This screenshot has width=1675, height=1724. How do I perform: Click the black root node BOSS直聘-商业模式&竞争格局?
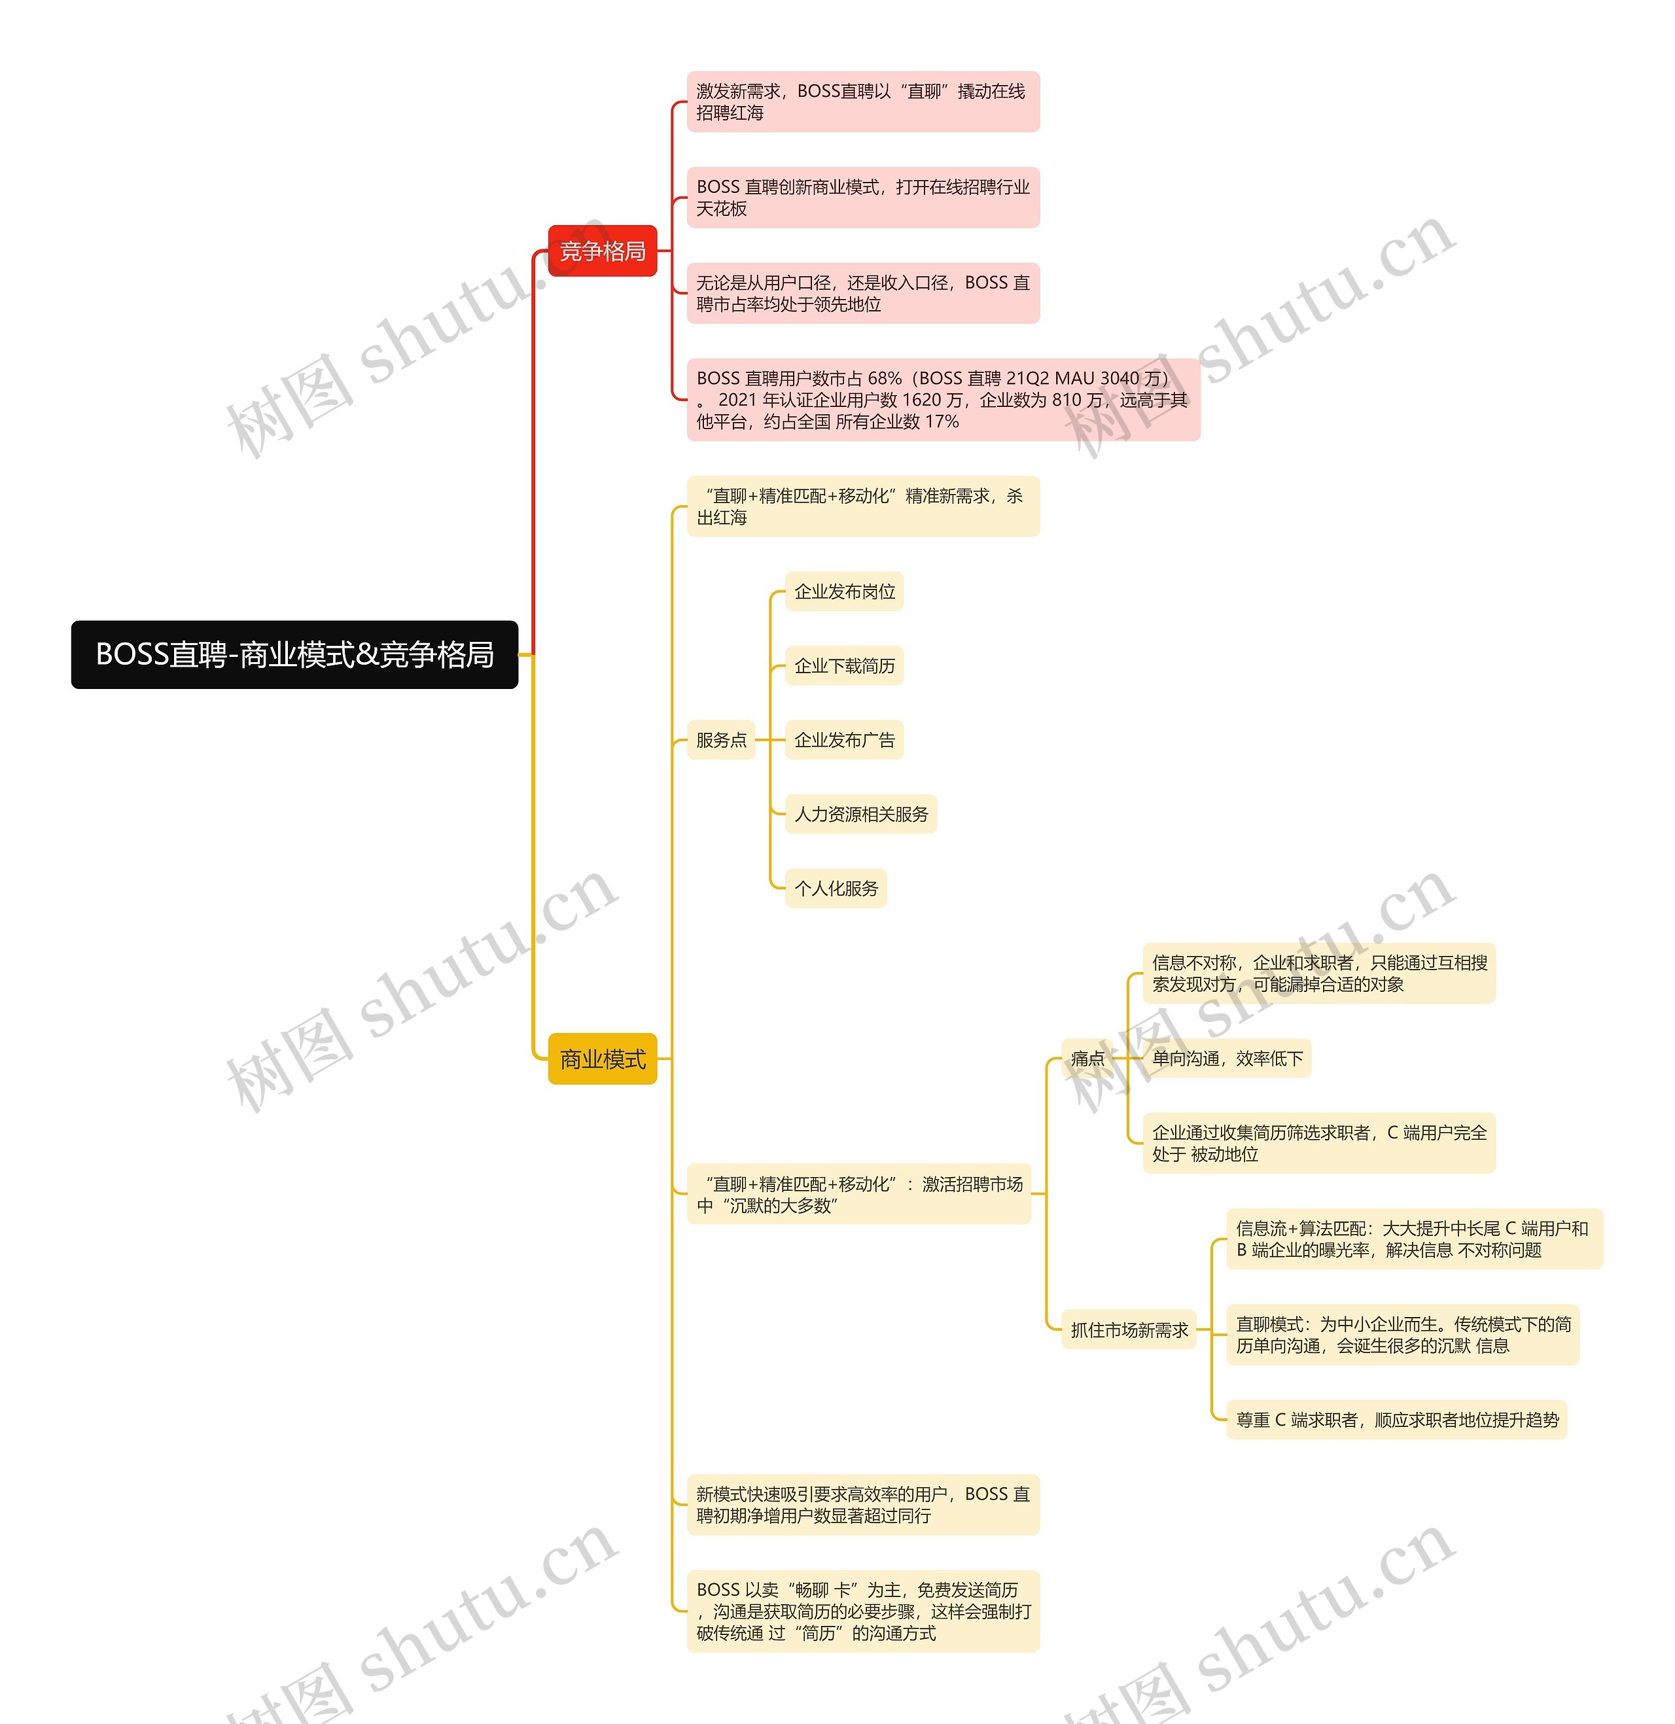click(x=294, y=654)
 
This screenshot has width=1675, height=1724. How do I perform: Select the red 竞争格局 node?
click(x=602, y=251)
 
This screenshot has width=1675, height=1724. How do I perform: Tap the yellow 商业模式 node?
click(x=602, y=1059)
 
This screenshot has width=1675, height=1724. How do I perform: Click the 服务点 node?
click(x=720, y=740)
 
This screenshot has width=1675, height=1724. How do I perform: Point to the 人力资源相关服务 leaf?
click(x=860, y=815)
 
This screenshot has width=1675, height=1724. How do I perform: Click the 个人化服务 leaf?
click(x=836, y=888)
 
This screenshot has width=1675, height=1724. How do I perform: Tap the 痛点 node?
click(x=1087, y=1058)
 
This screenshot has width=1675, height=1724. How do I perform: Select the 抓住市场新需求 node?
click(x=1129, y=1330)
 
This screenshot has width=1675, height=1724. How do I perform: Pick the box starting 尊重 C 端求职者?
click(x=1396, y=1420)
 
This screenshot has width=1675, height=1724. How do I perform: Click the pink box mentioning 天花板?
click(x=862, y=197)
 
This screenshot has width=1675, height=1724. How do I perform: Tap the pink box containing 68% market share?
click(x=942, y=399)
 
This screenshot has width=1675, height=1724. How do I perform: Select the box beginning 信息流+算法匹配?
click(x=1414, y=1239)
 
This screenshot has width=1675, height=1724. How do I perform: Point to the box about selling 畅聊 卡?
click(x=862, y=1611)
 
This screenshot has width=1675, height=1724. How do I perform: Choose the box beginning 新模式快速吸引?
click(x=862, y=1504)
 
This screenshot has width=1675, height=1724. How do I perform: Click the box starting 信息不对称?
click(x=1318, y=973)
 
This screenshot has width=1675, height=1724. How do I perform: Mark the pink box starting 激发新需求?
click(x=862, y=102)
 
